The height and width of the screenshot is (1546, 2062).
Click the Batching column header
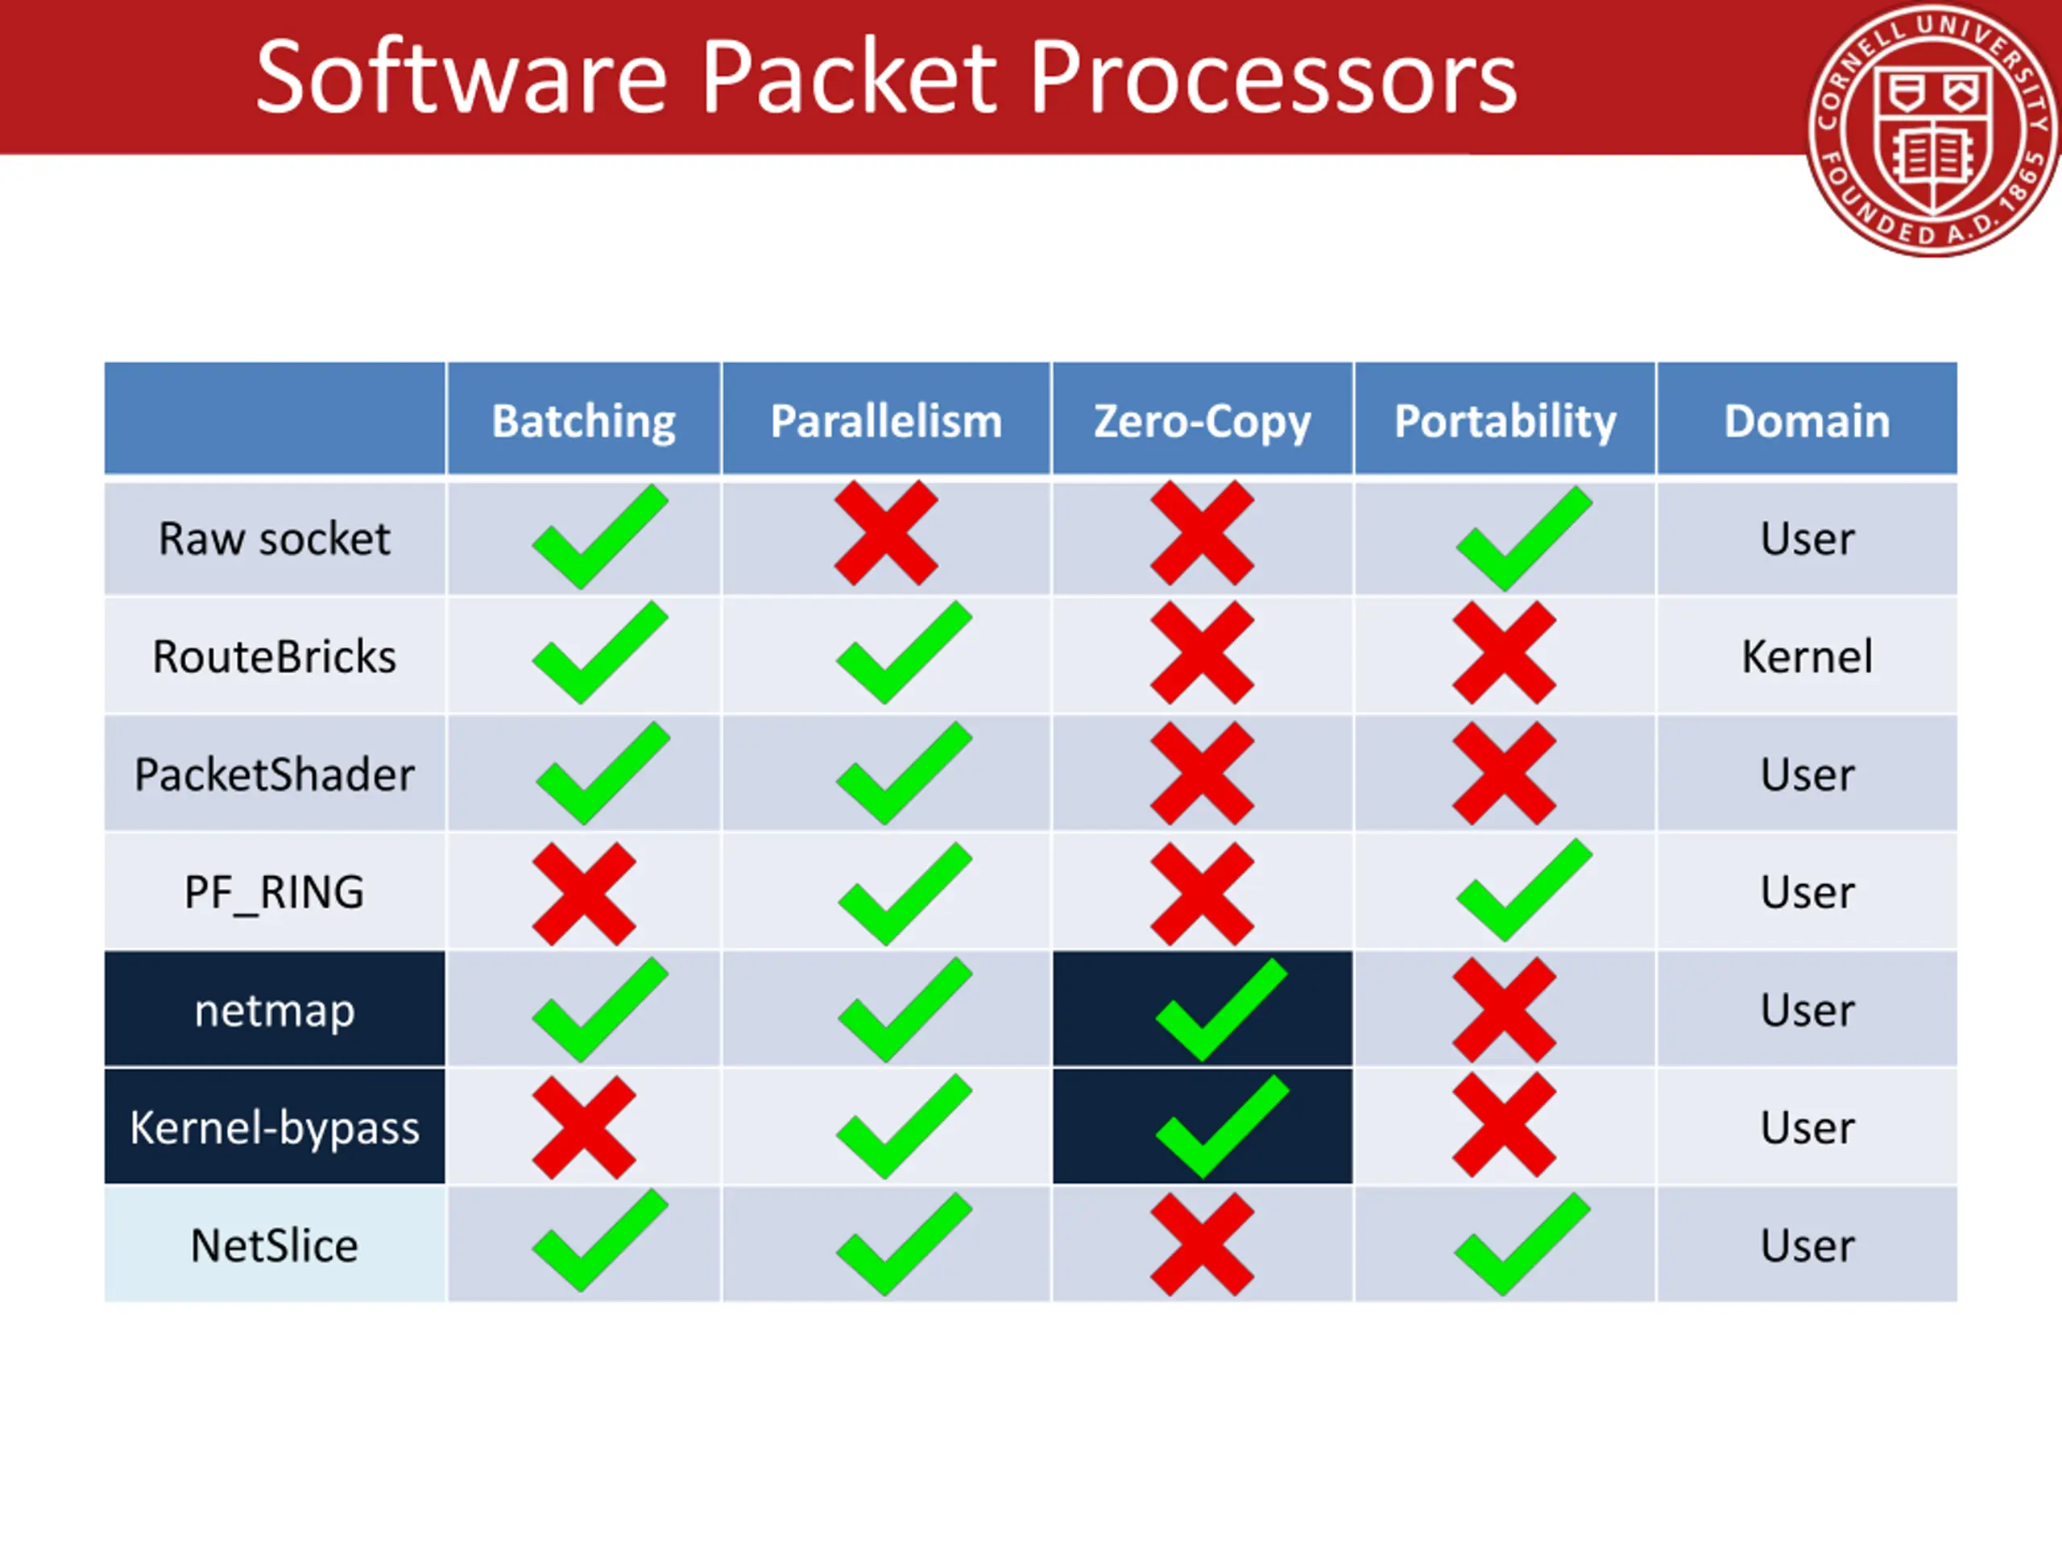point(583,421)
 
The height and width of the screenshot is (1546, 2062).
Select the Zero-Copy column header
point(1202,421)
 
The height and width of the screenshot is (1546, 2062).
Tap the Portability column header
point(1505,421)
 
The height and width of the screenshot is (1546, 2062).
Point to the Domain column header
point(1807,421)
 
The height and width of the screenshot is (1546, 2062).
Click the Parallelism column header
point(885,421)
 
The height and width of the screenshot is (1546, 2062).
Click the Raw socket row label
point(274,539)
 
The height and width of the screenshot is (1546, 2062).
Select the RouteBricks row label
point(274,656)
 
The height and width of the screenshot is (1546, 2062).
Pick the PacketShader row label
point(274,775)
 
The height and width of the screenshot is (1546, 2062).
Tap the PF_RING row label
point(274,892)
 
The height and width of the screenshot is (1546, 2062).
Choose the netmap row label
point(274,1011)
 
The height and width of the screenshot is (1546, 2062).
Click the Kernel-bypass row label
point(274,1127)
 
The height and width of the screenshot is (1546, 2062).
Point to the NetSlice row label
point(274,1245)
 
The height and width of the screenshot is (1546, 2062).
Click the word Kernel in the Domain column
point(1807,656)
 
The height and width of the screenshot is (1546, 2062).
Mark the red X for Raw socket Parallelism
point(885,533)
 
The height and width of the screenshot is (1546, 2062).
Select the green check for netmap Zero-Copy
point(1220,1011)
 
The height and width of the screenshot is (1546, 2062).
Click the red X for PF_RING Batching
point(583,894)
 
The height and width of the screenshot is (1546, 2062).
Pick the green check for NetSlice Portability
point(1522,1244)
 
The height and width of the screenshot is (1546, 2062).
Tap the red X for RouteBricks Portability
point(1504,652)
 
